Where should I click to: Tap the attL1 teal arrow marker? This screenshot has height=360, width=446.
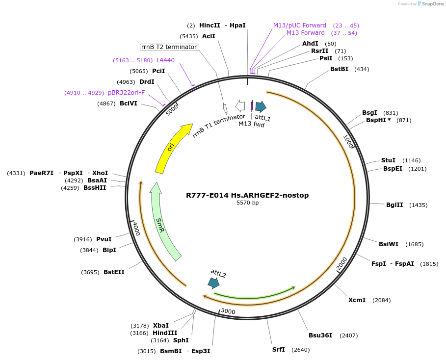pos(261,106)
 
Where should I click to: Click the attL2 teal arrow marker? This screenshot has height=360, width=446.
pos(213,283)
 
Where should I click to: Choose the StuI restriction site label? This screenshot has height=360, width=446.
pos(388,160)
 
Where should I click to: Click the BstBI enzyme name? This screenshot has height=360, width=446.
pos(339,69)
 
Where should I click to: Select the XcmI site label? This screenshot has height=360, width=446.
pos(357,300)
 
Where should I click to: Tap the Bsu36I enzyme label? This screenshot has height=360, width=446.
pos(320,335)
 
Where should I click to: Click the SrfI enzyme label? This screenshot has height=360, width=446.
pos(278,350)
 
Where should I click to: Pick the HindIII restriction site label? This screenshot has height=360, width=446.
pos(165,333)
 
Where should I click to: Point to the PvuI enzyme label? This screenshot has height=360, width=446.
pos(104,239)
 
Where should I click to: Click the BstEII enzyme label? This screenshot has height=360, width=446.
pos(114,272)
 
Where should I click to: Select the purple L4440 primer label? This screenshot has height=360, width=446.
pos(165,60)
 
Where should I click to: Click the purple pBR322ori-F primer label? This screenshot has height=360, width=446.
pos(127,93)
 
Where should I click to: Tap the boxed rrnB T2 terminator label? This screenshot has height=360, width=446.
pos(169,47)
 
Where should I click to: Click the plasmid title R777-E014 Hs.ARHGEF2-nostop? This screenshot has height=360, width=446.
pos(247,195)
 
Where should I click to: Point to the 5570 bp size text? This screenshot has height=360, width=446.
pos(247,203)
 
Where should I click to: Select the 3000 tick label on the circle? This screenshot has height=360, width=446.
pos(228,311)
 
